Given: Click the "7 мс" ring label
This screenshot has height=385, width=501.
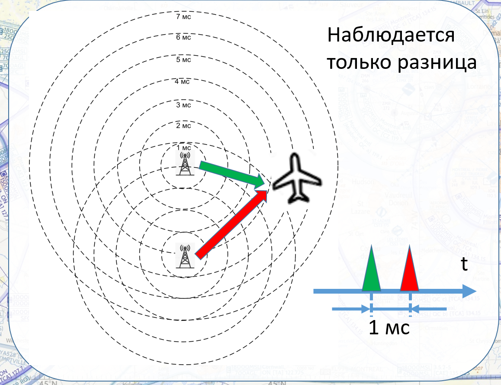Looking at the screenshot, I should click(x=183, y=17).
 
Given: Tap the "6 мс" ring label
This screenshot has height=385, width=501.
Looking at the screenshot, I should click(x=183, y=37).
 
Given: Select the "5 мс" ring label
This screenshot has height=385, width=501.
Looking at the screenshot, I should click(x=183, y=60).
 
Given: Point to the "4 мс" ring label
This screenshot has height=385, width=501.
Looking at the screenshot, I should click(x=183, y=81).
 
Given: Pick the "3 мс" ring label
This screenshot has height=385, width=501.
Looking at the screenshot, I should click(x=183, y=105).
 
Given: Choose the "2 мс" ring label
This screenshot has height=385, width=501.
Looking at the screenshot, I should click(x=183, y=126).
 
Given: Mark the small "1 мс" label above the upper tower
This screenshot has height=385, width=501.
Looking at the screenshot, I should click(x=184, y=147).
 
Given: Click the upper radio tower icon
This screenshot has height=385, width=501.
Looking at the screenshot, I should click(x=185, y=164).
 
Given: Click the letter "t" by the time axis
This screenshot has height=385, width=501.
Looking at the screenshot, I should click(x=464, y=264).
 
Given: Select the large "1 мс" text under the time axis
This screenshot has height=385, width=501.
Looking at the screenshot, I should click(x=389, y=328).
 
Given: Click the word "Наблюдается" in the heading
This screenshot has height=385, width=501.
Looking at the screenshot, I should click(x=391, y=36).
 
